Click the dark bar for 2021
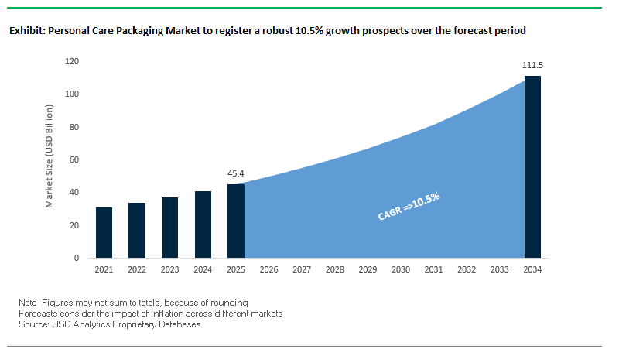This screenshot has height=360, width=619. coord(104,232)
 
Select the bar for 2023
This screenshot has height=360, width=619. coord(169,228)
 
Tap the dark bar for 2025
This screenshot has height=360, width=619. coord(235,221)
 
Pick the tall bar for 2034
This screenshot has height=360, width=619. coord(532,166)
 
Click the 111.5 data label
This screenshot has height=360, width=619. coord(532,67)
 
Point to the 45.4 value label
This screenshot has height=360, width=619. coord(236,174)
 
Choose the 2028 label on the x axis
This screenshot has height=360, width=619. coord(334,270)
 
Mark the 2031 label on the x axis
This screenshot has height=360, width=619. coord(433,270)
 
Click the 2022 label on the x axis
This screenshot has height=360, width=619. coord(137,270)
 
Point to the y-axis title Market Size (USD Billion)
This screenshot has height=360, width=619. coord(50,159)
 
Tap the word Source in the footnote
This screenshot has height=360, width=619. coord(32,324)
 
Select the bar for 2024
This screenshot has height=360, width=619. coord(203,225)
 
